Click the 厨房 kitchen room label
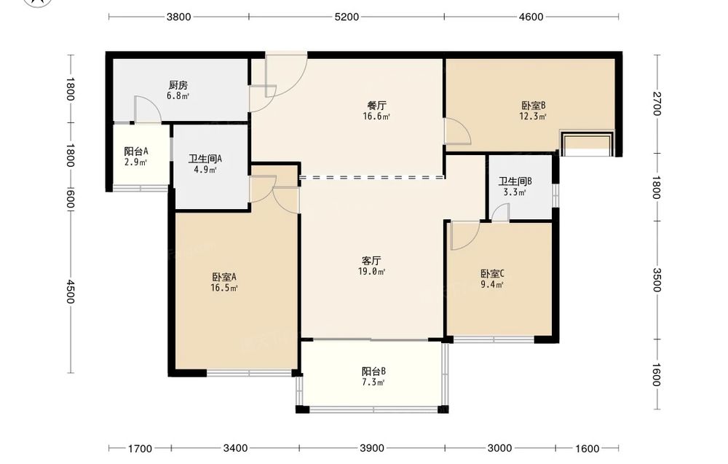[x=178, y=85]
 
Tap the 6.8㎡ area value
[x=178, y=96]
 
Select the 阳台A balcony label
[x=136, y=152]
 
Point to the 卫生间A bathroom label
[x=205, y=159]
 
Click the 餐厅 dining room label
[x=376, y=106]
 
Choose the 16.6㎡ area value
[x=376, y=117]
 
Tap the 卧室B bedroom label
[x=533, y=106]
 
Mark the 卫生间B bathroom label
[x=515, y=181]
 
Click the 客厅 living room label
[x=371, y=261]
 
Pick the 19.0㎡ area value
[x=371, y=271]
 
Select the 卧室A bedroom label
[x=225, y=278]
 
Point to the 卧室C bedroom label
[x=492, y=274]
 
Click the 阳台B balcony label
[x=373, y=371]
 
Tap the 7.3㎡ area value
[x=373, y=382]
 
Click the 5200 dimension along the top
[x=347, y=17]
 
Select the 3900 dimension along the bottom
[x=372, y=448]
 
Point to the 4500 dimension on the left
[x=70, y=291]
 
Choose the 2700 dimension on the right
[x=656, y=103]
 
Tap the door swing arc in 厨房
[x=152, y=103]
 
